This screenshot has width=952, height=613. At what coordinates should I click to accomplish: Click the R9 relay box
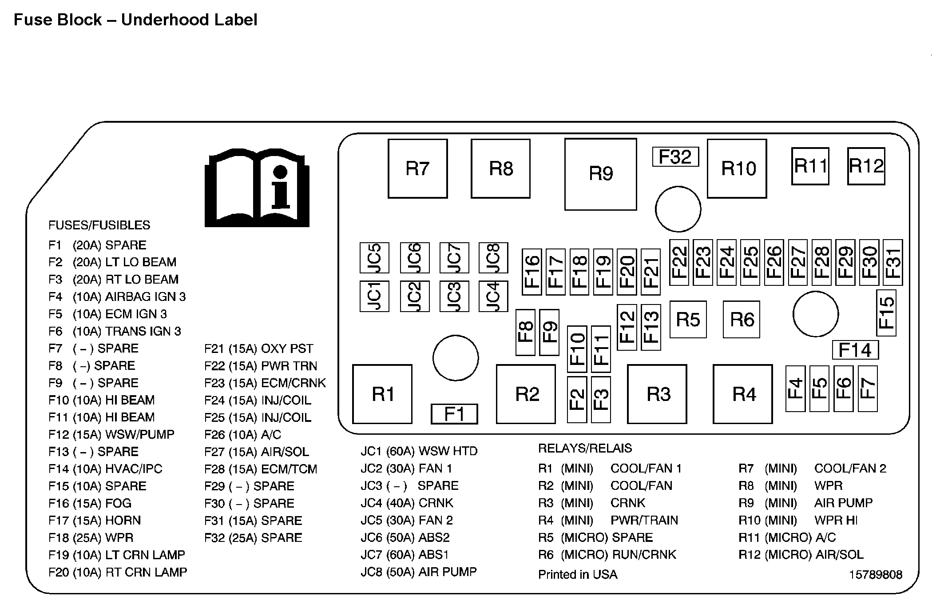[x=600, y=174]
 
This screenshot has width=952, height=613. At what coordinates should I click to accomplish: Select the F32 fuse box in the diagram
[x=675, y=157]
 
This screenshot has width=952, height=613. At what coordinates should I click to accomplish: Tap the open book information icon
[x=257, y=188]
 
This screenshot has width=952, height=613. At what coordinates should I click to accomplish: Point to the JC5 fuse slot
[x=374, y=258]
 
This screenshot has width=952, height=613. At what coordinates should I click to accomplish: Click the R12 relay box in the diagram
[x=866, y=166]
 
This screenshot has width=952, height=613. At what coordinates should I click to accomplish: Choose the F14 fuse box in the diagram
[x=855, y=350]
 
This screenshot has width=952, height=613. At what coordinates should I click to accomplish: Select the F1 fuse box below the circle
[x=454, y=414]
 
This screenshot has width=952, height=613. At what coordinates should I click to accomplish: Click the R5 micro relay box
[x=688, y=320]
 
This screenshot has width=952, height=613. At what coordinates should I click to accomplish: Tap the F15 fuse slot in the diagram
[x=886, y=313]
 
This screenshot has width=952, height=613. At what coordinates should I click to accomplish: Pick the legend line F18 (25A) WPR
[x=91, y=538]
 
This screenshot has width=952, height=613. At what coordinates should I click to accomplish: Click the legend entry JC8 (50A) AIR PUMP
[x=419, y=572]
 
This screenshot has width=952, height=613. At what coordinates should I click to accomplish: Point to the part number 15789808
[x=876, y=575]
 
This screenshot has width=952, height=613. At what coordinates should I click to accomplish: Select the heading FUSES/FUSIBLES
[x=99, y=225]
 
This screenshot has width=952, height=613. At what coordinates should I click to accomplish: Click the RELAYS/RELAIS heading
[x=585, y=448]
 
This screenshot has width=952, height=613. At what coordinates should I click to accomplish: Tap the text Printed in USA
[x=578, y=575]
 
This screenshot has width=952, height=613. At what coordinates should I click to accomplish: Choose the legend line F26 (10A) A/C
[x=243, y=434]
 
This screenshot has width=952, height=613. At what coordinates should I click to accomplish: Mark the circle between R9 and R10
[x=678, y=209]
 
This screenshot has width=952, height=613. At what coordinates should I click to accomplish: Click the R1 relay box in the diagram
[x=382, y=394]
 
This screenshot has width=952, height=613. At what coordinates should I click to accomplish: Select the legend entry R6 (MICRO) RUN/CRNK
[x=607, y=555]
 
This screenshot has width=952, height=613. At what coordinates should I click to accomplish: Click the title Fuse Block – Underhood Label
[x=135, y=20]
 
